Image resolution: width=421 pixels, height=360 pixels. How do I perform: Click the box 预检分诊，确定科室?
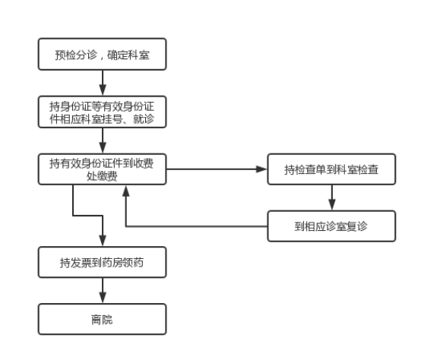pyautogui.click(x=103, y=54)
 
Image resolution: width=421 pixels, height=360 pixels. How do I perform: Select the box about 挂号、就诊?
pyautogui.click(x=103, y=112)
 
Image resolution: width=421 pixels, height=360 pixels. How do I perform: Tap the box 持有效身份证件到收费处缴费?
pyautogui.click(x=103, y=169)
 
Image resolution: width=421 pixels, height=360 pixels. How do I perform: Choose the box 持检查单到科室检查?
pyautogui.click(x=331, y=169)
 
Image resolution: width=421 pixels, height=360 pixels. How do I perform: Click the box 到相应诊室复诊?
pyautogui.click(x=331, y=226)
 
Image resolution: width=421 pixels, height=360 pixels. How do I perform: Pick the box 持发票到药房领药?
pyautogui.click(x=103, y=262)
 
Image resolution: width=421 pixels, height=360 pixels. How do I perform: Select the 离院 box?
pyautogui.click(x=103, y=319)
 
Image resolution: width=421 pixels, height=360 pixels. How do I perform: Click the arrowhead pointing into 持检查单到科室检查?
pyautogui.click(x=261, y=169)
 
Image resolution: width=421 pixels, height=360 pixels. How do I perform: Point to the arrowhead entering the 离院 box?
pyautogui.click(x=103, y=298)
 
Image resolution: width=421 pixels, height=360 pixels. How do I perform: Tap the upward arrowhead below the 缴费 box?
pyautogui.click(x=126, y=191)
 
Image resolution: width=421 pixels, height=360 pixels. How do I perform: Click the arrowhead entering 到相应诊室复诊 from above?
pyautogui.click(x=332, y=205)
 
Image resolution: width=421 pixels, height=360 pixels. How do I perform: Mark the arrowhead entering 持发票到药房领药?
pyautogui.click(x=103, y=241)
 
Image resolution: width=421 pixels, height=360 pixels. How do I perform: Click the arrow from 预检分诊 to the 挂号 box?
pyautogui.click(x=103, y=83)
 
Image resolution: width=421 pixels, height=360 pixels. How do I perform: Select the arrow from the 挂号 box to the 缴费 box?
pyautogui.click(x=103, y=141)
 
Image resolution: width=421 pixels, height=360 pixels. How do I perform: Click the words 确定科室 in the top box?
pyautogui.click(x=128, y=55)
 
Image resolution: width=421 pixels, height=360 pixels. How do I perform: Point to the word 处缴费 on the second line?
pyautogui.click(x=102, y=176)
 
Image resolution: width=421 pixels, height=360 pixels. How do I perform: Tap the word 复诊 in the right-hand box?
pyautogui.click(x=356, y=226)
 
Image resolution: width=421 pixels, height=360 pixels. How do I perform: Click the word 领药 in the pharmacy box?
pyautogui.click(x=134, y=263)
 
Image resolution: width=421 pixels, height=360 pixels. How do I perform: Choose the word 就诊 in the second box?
pyautogui.click(x=144, y=118)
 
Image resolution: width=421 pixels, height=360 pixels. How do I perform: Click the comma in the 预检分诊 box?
pyautogui.click(x=102, y=58)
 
